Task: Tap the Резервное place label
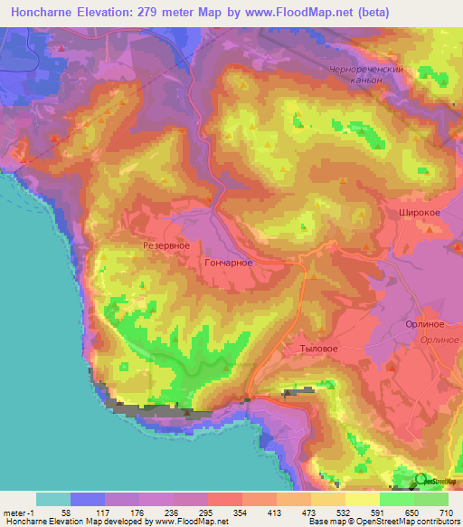(165, 245)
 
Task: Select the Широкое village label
(420, 212)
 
